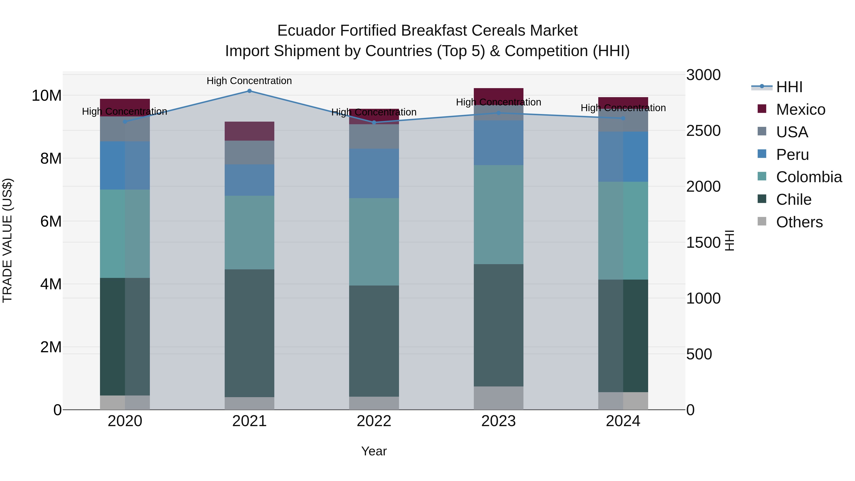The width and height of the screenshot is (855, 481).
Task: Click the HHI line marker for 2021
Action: (249, 91)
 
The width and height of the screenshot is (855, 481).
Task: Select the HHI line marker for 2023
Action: (498, 113)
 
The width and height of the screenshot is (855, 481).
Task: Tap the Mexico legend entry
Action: (800, 110)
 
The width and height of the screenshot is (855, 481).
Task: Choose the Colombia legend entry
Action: (808, 177)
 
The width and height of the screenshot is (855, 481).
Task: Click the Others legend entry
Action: (799, 222)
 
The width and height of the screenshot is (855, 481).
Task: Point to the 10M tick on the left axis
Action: (47, 95)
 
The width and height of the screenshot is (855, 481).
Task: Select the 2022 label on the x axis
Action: (374, 421)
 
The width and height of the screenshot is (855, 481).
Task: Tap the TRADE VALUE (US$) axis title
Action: (7, 240)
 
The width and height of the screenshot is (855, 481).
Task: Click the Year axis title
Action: (374, 451)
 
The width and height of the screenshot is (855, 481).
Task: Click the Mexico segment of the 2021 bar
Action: (249, 131)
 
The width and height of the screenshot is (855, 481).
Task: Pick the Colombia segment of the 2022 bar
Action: (374, 242)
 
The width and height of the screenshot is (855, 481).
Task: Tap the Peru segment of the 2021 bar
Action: (249, 180)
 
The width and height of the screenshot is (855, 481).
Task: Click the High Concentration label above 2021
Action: (249, 81)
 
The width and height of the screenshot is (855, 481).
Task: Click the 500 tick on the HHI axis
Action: (699, 354)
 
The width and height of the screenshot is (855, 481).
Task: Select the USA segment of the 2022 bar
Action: (374, 136)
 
